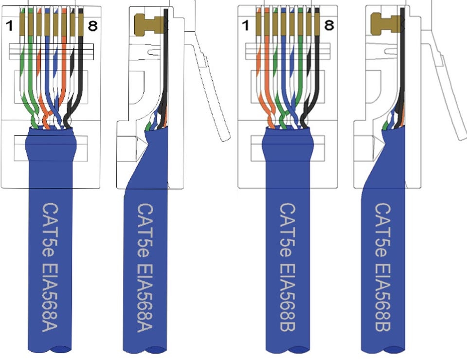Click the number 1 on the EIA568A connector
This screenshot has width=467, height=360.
[x=9, y=26]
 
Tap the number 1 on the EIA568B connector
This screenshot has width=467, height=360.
[x=246, y=25]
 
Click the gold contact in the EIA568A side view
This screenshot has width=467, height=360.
[x=146, y=24]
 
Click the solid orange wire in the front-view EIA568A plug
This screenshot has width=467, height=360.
[x=63, y=73]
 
